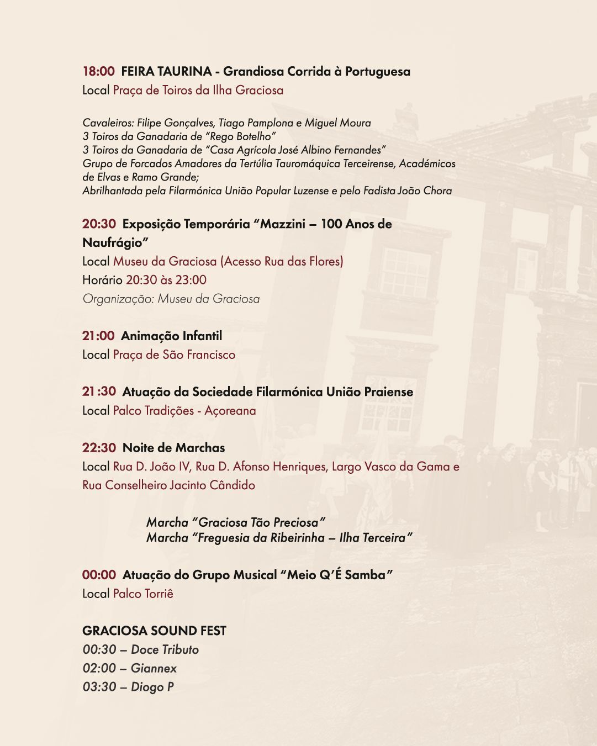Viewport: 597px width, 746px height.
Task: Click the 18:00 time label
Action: tap(98, 71)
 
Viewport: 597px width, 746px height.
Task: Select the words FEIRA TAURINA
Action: tap(166, 71)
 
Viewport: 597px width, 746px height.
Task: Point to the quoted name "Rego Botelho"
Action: tap(239, 136)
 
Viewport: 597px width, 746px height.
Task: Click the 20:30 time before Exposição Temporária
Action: tap(99, 224)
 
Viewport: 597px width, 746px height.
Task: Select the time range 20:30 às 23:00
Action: tap(166, 280)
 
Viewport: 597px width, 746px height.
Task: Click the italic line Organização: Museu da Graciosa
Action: tap(171, 299)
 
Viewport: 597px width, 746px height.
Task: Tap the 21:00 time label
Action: tap(98, 336)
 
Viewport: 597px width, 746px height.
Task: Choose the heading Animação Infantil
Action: tap(171, 336)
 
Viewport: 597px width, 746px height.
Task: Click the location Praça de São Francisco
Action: tap(174, 355)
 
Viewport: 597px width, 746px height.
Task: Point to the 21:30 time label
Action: tap(99, 391)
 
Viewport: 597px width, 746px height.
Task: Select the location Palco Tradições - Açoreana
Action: tap(184, 410)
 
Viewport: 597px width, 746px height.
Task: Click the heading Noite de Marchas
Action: tap(173, 448)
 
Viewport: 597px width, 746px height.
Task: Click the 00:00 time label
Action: tap(99, 575)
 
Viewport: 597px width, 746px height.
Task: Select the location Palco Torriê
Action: tap(143, 594)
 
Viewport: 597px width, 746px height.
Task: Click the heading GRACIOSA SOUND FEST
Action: tap(154, 631)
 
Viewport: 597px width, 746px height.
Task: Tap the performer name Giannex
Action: tap(154, 668)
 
